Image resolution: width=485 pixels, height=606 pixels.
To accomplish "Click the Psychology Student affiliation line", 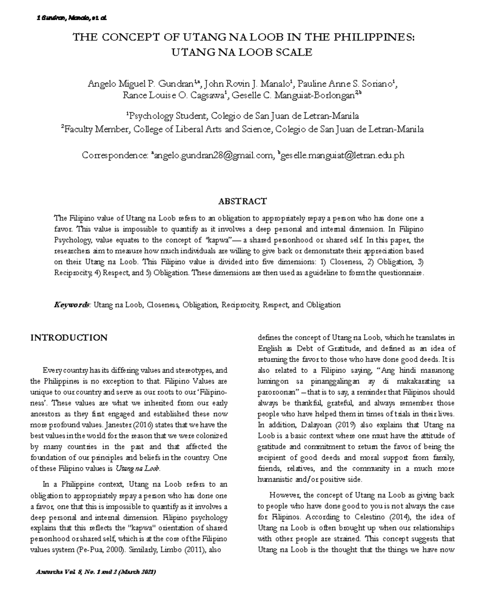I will [x=242, y=116].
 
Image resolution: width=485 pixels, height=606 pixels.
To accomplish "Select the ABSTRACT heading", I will [x=242, y=201].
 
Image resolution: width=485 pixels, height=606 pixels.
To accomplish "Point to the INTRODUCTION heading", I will [x=69, y=338].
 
